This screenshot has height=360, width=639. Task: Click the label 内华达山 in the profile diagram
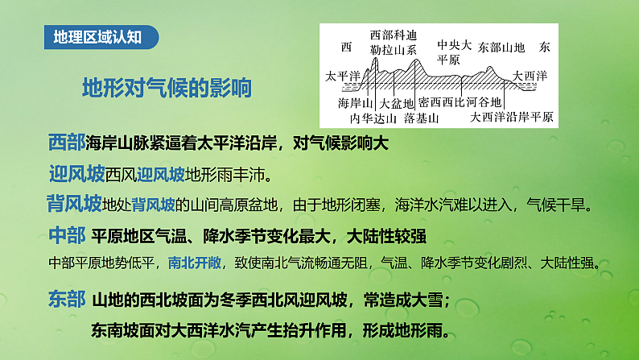[x=373, y=118]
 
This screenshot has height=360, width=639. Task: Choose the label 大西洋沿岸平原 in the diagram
[x=513, y=118]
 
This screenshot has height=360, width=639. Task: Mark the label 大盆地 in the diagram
[x=397, y=103]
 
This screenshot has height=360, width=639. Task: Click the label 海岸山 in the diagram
[x=355, y=103]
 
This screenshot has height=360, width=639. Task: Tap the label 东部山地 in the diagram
[x=501, y=48]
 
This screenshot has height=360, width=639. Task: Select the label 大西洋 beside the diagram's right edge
[x=530, y=76]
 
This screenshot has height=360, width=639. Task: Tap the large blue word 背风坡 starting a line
[x=75, y=203]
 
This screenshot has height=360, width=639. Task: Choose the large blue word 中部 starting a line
[x=66, y=236]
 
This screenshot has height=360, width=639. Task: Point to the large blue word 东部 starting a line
[x=66, y=300]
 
